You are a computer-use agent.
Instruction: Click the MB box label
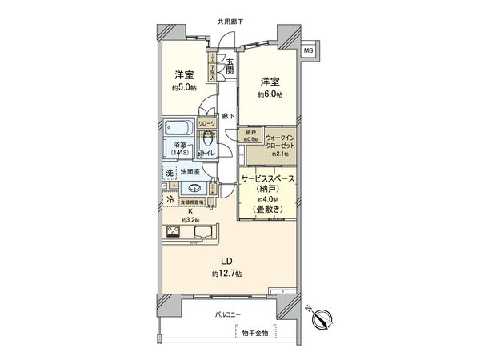click(308, 50)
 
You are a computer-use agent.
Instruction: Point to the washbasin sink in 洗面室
click(194, 189)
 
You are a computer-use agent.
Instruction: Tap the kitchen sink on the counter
click(202, 234)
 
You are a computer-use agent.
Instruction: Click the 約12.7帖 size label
click(226, 274)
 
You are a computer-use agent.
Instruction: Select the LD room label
click(226, 261)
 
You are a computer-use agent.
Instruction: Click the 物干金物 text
click(254, 332)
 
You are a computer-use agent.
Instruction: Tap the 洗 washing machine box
click(170, 172)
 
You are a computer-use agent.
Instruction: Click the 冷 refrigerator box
click(170, 200)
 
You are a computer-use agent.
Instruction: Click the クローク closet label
click(206, 124)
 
